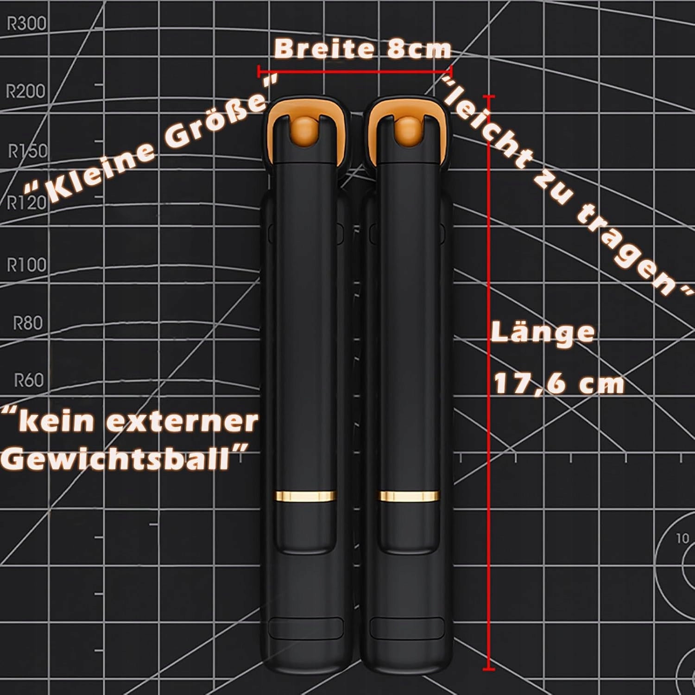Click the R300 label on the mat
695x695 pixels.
(x=26, y=23)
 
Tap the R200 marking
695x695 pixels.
(x=25, y=91)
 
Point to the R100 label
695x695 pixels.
(x=27, y=265)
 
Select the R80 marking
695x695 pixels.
(x=27, y=322)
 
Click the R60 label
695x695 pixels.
(x=28, y=380)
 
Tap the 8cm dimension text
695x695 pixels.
(x=418, y=49)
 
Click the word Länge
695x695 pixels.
(x=543, y=332)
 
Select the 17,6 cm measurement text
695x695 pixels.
(x=559, y=384)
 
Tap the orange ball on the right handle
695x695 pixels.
(x=407, y=130)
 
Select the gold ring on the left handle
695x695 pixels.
(x=306, y=496)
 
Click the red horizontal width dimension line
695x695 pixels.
(x=355, y=71)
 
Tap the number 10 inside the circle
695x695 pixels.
(x=683, y=538)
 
